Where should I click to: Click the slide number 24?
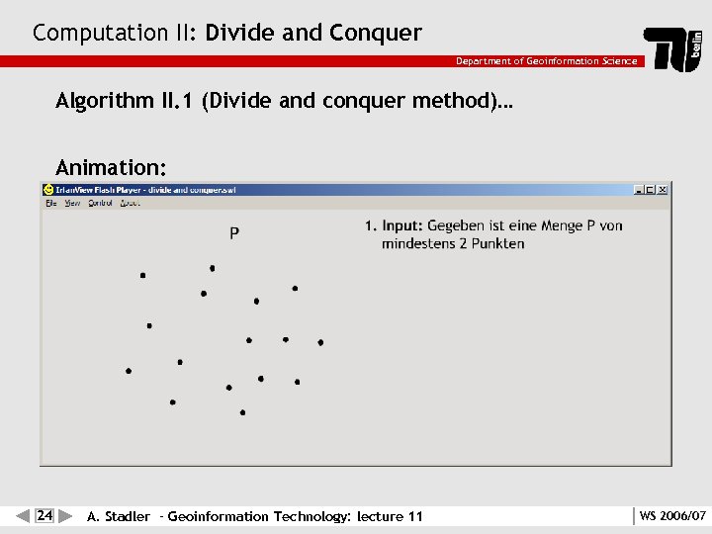click(44, 515)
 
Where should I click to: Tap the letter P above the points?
click(234, 233)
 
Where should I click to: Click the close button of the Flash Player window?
click(663, 190)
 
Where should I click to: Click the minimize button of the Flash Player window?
click(639, 190)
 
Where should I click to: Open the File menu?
click(50, 203)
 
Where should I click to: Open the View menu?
click(72, 203)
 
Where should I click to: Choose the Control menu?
click(100, 203)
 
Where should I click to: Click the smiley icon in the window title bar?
click(47, 190)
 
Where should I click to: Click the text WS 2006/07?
click(672, 516)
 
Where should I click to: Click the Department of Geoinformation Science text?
click(546, 61)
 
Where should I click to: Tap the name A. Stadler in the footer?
click(119, 516)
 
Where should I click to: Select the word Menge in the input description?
click(563, 225)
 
